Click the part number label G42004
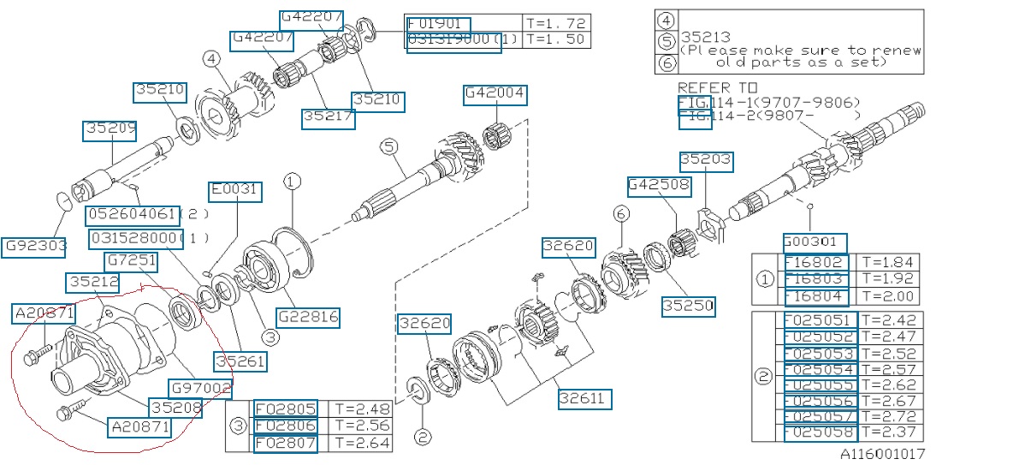tap(495, 94)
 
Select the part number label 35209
tap(110, 131)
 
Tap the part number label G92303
tap(34, 246)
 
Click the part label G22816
tap(307, 317)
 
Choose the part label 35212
tap(94, 282)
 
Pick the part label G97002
tap(201, 389)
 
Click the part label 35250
tap(688, 305)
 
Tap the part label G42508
tap(658, 186)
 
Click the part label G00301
tap(815, 243)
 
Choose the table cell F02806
tap(286, 426)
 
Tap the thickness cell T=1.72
tap(556, 23)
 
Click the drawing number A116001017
tap(880, 454)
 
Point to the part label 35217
tap(328, 118)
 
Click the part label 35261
tap(240, 362)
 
